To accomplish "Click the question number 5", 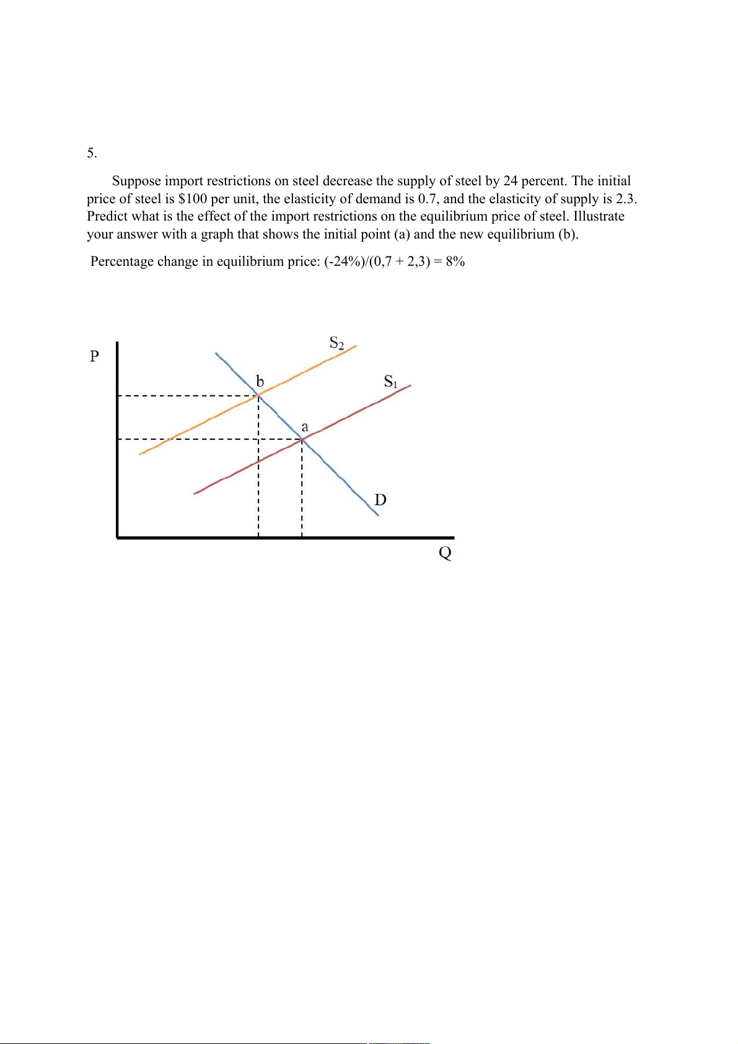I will coord(92,153).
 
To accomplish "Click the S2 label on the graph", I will coord(336,343).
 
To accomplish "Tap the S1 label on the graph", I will coord(390,381).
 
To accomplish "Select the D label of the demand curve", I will coord(380,499).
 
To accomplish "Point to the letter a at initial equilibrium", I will coord(304,427).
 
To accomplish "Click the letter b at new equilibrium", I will coord(260,380).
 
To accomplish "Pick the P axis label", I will coord(94,356).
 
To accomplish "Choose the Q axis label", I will coord(445,553).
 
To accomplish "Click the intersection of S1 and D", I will coord(302,439).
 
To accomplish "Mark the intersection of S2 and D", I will coord(258,395).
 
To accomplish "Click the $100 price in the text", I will coord(192,199).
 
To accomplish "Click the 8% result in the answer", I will coord(455,261).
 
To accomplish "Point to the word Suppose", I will coord(136,181).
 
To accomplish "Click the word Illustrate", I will coord(599,216).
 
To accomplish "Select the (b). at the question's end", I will coord(568,234).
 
